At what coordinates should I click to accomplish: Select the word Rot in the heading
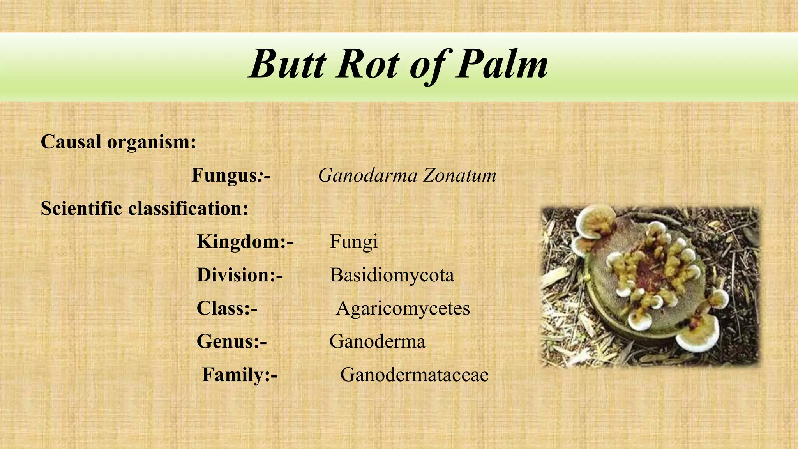tap(368, 65)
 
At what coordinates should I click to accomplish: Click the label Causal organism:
tap(118, 142)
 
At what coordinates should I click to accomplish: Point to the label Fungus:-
tap(231, 175)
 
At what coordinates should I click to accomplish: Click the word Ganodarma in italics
tap(368, 175)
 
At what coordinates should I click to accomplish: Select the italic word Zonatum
tap(460, 175)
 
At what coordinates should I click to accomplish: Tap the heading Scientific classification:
tap(145, 209)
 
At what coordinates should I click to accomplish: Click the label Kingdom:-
tap(245, 242)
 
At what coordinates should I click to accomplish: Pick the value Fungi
tap(354, 242)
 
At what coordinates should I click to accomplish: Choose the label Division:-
tap(240, 275)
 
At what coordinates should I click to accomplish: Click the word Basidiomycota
tap(392, 275)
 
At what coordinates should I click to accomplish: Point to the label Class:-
tap(227, 308)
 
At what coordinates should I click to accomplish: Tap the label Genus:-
tap(231, 342)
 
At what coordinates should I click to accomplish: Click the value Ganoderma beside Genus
tap(377, 342)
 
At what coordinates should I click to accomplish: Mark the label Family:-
tap(240, 375)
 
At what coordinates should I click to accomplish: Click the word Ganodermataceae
tap(414, 375)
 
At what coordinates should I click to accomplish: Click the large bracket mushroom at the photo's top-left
tap(594, 224)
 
